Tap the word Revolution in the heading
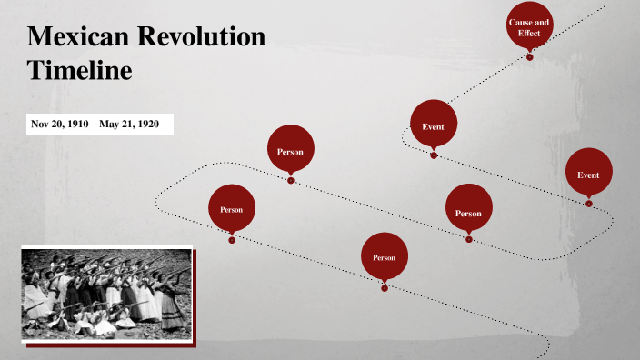click(x=201, y=37)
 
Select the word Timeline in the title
click(x=80, y=70)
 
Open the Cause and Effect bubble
click(x=529, y=27)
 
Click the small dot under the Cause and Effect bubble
click(x=530, y=57)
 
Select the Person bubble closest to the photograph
click(x=232, y=209)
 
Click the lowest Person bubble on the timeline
click(x=385, y=256)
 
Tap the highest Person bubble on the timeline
click(x=290, y=150)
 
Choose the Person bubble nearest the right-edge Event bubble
click(x=468, y=212)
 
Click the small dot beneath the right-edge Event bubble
click(x=589, y=204)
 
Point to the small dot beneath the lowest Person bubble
click(x=385, y=287)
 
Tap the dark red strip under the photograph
click(x=109, y=344)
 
